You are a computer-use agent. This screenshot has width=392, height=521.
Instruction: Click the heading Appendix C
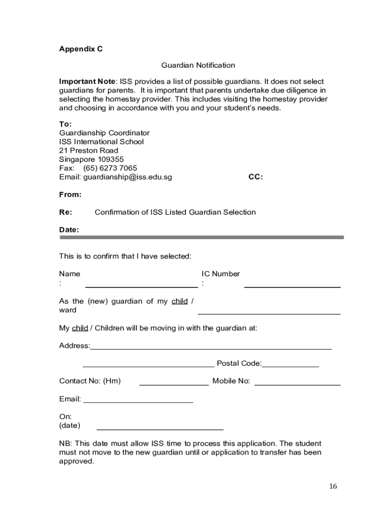[x=81, y=49]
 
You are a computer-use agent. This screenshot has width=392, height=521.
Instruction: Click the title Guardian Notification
[x=198, y=65]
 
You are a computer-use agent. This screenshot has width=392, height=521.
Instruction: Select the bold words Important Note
[x=87, y=81]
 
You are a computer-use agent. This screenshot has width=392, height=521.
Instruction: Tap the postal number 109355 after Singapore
[x=107, y=159]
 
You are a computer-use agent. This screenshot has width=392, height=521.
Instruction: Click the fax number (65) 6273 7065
[x=110, y=168]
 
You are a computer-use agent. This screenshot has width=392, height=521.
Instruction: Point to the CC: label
[x=256, y=177]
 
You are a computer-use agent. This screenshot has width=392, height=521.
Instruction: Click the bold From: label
[x=70, y=194]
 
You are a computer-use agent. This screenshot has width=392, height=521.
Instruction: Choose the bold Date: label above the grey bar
[x=69, y=229]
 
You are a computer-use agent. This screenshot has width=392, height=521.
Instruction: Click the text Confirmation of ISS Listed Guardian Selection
[x=175, y=212]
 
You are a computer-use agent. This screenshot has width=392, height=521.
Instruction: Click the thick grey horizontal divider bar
[x=202, y=237]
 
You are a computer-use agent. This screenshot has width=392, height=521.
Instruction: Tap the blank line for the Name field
[x=142, y=287]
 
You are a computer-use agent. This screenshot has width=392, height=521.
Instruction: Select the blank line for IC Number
[x=292, y=287]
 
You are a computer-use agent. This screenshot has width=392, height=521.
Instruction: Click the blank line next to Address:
[x=211, y=349]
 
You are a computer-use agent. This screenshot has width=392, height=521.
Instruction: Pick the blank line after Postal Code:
[x=290, y=366]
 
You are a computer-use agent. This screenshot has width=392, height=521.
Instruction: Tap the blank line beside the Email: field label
[x=138, y=402]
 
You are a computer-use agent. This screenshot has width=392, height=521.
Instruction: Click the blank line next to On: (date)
[x=160, y=429]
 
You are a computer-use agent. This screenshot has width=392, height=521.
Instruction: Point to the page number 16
[x=332, y=486]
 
